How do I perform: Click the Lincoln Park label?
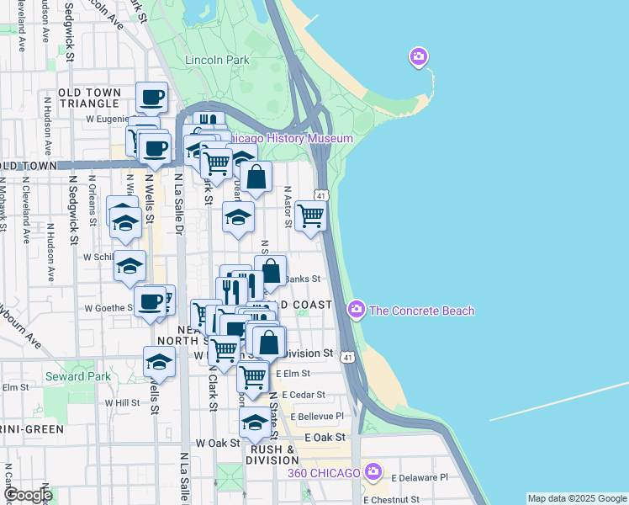point(217,61)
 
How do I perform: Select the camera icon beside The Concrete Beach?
point(357,311)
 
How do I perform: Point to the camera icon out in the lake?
point(418,57)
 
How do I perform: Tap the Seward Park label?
point(78,376)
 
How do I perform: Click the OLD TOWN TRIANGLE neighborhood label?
point(89,98)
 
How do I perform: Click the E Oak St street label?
point(325,438)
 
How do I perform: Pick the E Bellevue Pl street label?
point(317,416)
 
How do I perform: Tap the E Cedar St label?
point(304,394)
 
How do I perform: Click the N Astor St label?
point(287,207)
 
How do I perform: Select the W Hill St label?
point(122,403)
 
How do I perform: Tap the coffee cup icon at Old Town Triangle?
point(151,98)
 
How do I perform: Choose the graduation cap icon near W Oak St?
point(255,423)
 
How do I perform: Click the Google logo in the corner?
point(27,495)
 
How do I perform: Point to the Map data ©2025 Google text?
point(577,498)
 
